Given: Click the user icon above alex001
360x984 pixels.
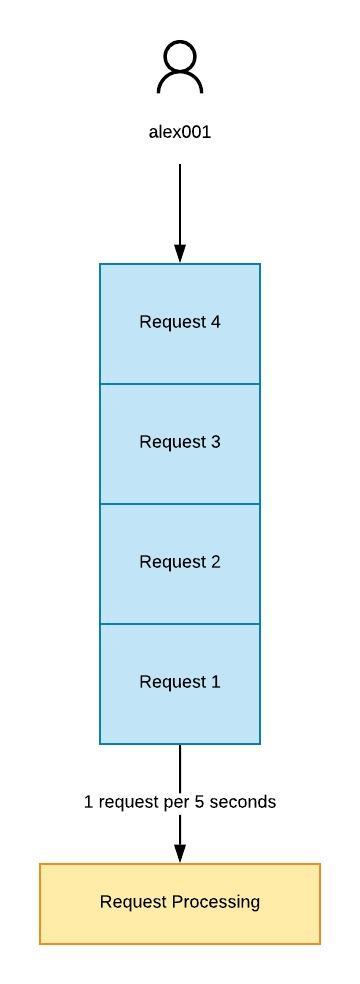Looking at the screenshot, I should coord(180,68).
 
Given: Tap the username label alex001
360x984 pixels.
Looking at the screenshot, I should coord(180,131).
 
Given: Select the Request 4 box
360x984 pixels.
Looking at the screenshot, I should coord(180,323).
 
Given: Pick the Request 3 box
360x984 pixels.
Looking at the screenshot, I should coord(180,443).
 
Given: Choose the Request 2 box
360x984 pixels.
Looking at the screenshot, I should coord(180,563).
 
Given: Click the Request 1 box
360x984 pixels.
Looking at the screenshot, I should coord(180,683).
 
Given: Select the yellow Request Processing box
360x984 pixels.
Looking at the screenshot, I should coord(180,903).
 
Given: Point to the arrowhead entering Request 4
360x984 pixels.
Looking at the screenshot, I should coord(180,253).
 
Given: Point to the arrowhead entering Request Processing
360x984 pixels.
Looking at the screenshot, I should coord(180,853).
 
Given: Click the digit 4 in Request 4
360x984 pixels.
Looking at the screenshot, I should coord(215,322).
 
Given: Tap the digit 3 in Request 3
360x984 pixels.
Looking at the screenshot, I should coord(215,442).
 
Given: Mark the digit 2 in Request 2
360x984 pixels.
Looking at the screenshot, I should coord(215,562).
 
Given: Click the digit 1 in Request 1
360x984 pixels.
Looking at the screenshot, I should coord(215,682).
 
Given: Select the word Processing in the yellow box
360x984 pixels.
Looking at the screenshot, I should coord(216,902).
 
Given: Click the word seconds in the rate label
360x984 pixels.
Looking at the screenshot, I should coord(246,802).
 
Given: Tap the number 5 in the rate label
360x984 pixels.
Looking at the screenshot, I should coord(200,802).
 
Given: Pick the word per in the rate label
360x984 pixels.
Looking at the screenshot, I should coord(176,803).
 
